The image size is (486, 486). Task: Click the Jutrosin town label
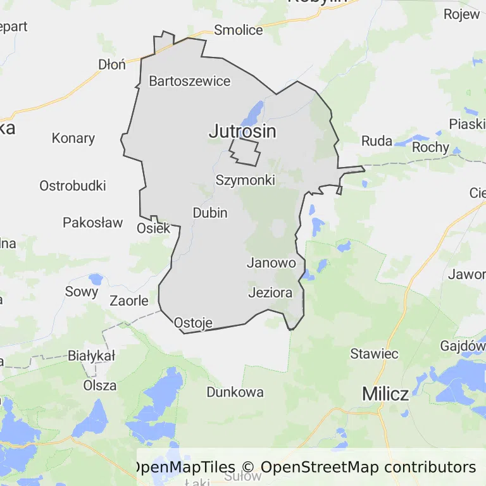[242, 132]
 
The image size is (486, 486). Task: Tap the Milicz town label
[385, 394]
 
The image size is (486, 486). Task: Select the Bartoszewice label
[190, 81]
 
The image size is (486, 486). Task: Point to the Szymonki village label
[246, 180]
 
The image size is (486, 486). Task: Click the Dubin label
[210, 213]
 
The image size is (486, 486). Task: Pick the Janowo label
[271, 263]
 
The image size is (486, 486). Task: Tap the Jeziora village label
[270, 293]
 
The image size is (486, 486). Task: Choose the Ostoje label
[193, 322]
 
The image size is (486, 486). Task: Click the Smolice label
[239, 30]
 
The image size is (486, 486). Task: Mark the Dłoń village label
[112, 64]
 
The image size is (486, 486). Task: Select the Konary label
[73, 138]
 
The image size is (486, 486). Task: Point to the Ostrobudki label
[73, 186]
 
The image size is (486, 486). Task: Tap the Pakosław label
[93, 222]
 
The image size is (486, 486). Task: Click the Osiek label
[154, 228]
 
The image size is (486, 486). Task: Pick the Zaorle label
[129, 301]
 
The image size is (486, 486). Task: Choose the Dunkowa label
[235, 392]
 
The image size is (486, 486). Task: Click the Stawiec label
[375, 354]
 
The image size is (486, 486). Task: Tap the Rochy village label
[430, 147]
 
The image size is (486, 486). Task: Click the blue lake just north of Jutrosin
[255, 113]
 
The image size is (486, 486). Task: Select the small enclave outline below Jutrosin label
[245, 152]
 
